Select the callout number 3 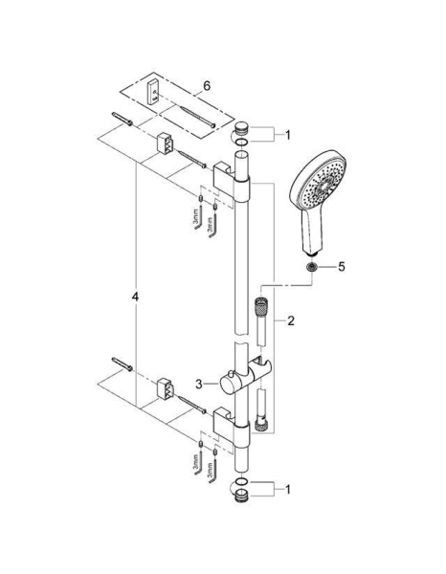click(x=198, y=384)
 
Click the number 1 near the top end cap click(x=287, y=135)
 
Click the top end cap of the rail click(x=241, y=129)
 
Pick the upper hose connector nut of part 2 click(x=260, y=310)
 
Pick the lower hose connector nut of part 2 click(x=260, y=422)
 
